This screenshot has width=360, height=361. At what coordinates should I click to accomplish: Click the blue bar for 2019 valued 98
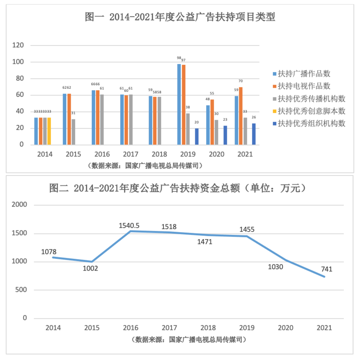(x=179, y=104)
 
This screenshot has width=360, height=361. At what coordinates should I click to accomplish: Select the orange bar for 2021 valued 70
(x=241, y=116)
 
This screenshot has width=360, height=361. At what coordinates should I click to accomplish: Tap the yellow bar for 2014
(x=49, y=131)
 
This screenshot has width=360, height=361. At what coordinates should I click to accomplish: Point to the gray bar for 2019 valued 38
(x=188, y=129)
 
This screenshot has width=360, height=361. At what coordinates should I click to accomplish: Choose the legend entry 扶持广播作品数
(x=304, y=74)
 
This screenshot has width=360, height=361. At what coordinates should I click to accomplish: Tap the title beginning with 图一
(x=180, y=18)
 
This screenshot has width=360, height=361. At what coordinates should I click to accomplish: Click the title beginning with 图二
(x=180, y=188)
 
